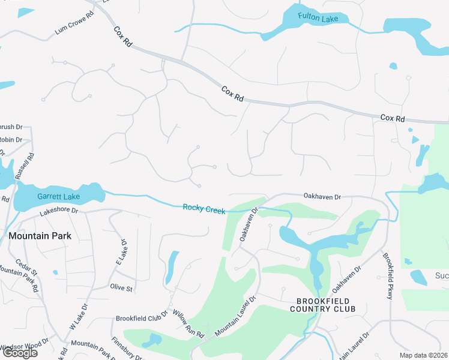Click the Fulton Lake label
pyautogui.click(x=318, y=19)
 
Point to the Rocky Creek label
pyautogui.click(x=204, y=208)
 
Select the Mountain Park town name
pyautogui.click(x=40, y=236)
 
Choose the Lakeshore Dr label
pyautogui.click(x=59, y=211)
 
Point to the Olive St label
pyautogui.click(x=121, y=288)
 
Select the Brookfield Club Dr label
pyautogui.click(x=141, y=319)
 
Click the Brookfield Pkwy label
pyautogui.click(x=390, y=277)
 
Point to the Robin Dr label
pyautogui.click(x=11, y=140)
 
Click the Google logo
pyautogui.click(x=20, y=353)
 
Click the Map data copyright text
pyautogui.click(x=424, y=355)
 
